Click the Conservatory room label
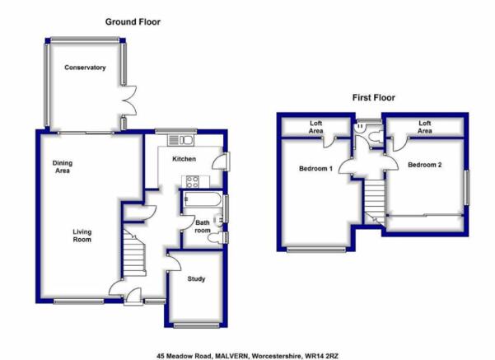[x=85, y=68]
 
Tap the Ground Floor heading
[x=133, y=21]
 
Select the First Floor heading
[x=373, y=97]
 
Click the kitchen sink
[x=181, y=140]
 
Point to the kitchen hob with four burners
[x=193, y=182]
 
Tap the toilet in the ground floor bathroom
[x=214, y=237]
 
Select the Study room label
[x=196, y=278]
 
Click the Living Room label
[x=82, y=236]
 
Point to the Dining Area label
[x=63, y=166]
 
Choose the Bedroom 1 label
[x=315, y=169]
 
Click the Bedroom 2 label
[x=425, y=165]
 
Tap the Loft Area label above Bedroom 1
[x=315, y=127]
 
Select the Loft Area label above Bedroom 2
[x=425, y=127]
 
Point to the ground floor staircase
[x=134, y=253]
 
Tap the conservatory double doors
[x=129, y=101]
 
